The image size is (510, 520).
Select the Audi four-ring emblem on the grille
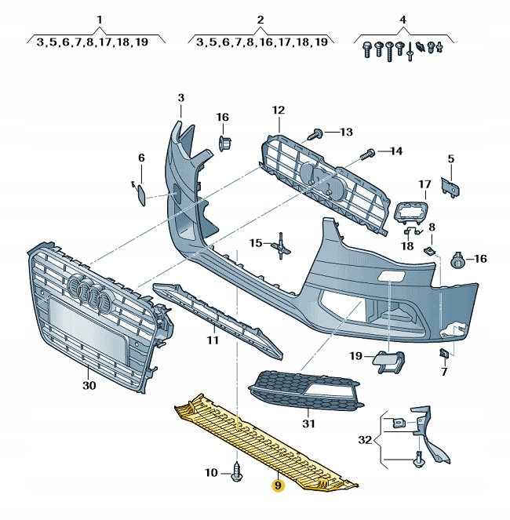click(89, 295)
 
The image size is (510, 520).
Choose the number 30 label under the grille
click(89, 385)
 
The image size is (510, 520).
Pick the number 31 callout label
click(308, 424)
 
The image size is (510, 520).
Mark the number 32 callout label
click(366, 441)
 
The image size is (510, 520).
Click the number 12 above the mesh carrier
click(279, 110)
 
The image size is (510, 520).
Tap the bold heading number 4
click(403, 19)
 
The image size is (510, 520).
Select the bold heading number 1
click(100, 19)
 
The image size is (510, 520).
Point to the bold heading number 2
click(260, 19)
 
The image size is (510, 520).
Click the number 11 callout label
click(212, 340)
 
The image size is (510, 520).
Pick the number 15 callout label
click(257, 243)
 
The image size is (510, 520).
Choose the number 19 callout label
click(357, 357)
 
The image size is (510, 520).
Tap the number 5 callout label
click(451, 159)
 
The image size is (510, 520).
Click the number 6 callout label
click(141, 158)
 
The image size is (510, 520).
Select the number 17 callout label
click(424, 185)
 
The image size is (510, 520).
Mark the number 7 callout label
click(444, 371)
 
